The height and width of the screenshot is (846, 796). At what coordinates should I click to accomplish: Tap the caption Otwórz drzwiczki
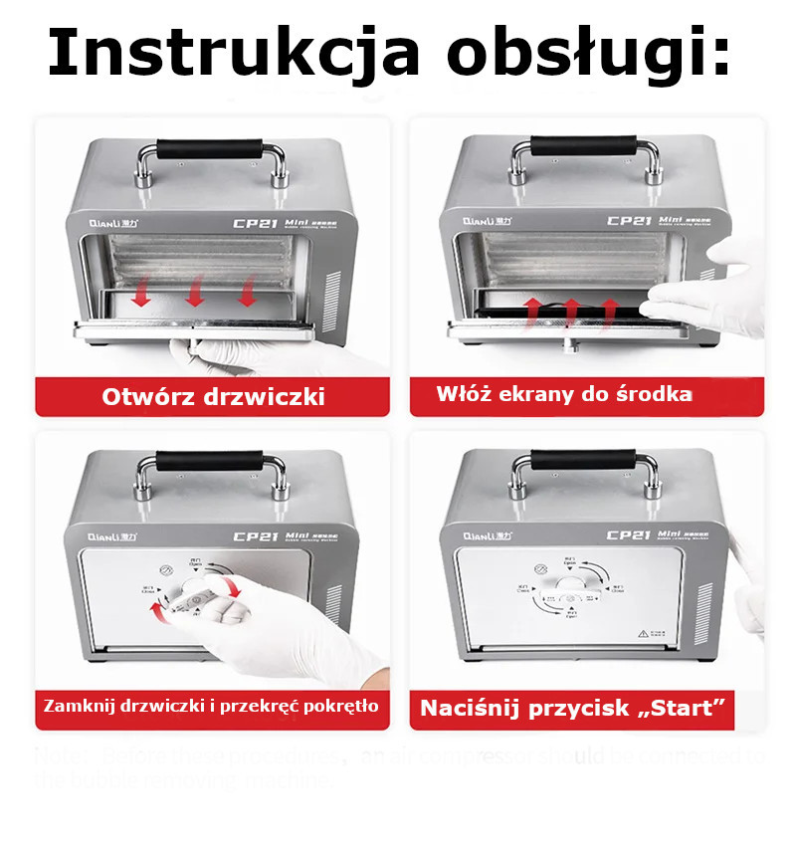click(x=214, y=397)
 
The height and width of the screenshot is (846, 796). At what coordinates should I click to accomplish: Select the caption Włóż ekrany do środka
click(x=564, y=394)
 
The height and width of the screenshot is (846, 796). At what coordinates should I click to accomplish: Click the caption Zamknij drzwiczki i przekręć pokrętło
click(x=210, y=707)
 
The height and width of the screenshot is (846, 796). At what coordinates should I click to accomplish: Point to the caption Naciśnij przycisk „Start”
click(x=571, y=709)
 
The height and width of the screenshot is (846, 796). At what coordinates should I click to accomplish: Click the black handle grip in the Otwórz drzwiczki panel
click(x=212, y=153)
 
